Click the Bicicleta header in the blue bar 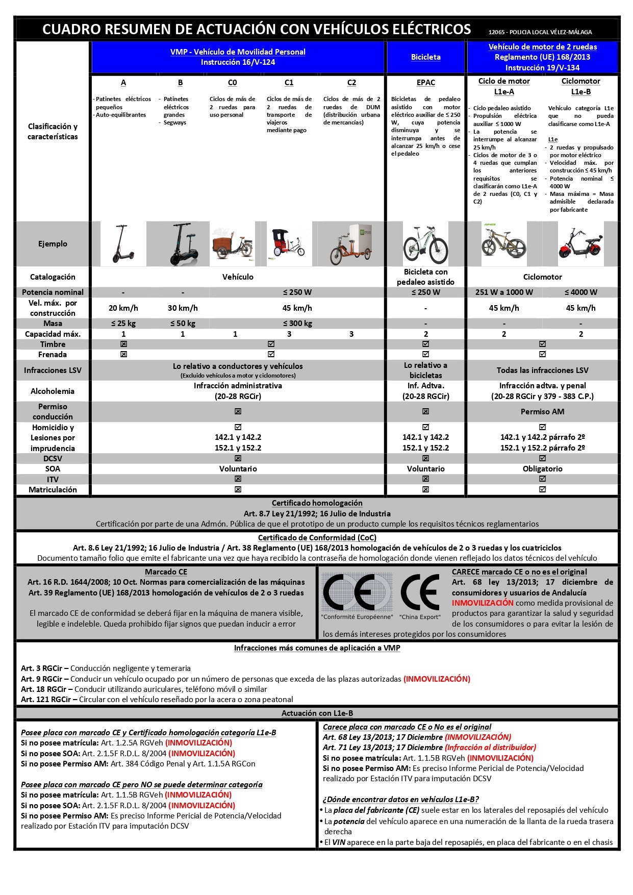pyautogui.click(x=425, y=57)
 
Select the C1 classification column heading pyautogui.click(x=289, y=83)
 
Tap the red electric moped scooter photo pyautogui.click(x=580, y=244)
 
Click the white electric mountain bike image pyautogui.click(x=425, y=244)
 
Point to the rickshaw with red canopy pyautogui.click(x=289, y=243)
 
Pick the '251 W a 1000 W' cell pyautogui.click(x=503, y=292)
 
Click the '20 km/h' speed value pyautogui.click(x=123, y=308)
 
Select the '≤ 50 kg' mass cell pyautogui.click(x=182, y=324)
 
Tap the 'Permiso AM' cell pyautogui.click(x=542, y=412)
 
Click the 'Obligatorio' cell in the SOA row pyautogui.click(x=542, y=469)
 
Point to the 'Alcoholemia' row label pyautogui.click(x=53, y=391)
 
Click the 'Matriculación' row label pyautogui.click(x=53, y=490)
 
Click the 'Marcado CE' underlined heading pyautogui.click(x=166, y=572)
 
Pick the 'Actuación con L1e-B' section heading pyautogui.click(x=317, y=713)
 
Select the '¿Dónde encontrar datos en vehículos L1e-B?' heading pyautogui.click(x=400, y=800)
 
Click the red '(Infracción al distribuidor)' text pyautogui.click(x=490, y=748)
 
